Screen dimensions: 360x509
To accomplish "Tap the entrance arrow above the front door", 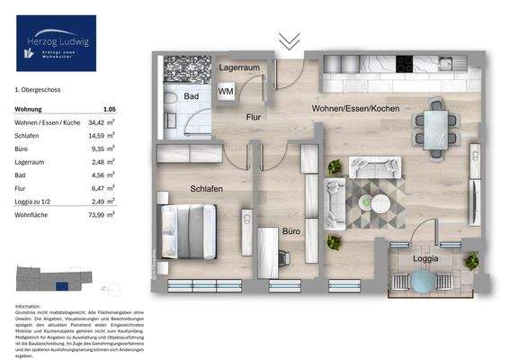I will (288, 40).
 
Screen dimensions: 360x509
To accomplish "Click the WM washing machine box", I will (226, 92).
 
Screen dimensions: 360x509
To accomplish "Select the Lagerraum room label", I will (237, 68).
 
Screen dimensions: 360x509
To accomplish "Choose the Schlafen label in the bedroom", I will (206, 188).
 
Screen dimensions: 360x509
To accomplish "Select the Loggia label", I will (426, 258).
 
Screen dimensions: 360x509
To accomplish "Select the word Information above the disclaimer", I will (30, 307).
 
